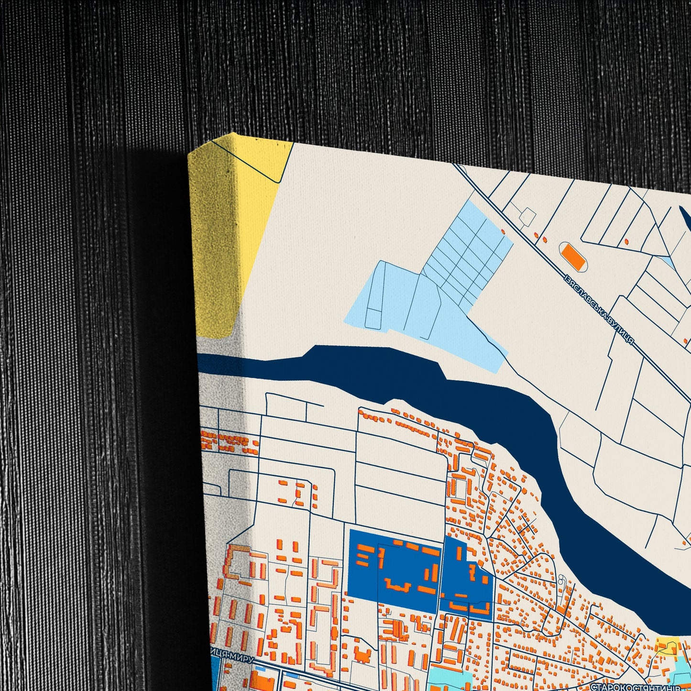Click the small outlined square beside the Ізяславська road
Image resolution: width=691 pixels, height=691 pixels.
pos(528,215)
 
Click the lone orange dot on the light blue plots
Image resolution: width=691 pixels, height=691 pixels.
pos(503,232)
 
